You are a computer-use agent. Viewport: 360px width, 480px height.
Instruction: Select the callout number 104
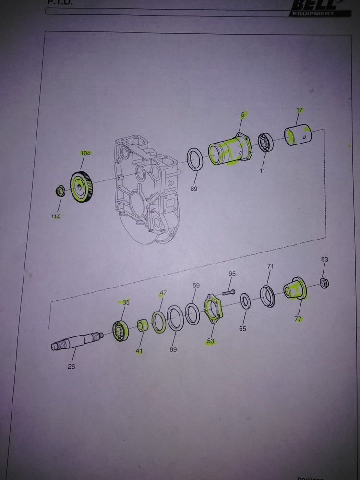85,153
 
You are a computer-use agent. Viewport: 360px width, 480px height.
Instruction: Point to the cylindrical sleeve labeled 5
229,151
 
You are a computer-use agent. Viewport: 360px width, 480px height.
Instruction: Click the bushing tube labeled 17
299,135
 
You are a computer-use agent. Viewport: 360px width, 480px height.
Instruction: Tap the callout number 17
300,110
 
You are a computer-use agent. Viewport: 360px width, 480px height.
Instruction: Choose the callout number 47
163,293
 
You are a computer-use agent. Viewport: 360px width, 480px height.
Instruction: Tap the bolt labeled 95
228,292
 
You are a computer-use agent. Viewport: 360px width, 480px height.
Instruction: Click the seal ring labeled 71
267,296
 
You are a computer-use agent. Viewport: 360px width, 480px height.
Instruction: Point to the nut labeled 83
324,283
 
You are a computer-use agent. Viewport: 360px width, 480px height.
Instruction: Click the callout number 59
196,285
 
